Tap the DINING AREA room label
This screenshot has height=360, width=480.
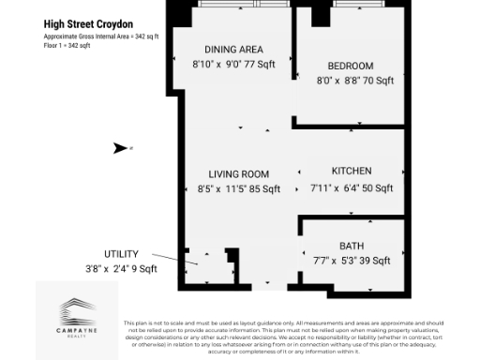[x=233, y=49]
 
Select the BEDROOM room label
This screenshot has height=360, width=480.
[x=351, y=66]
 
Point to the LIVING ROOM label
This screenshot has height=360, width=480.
[x=239, y=173]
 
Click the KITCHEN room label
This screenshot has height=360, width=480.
[x=352, y=171]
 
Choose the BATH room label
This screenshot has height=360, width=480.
[x=352, y=245]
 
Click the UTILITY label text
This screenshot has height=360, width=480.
[x=121, y=254]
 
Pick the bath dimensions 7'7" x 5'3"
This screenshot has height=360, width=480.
[x=323, y=261]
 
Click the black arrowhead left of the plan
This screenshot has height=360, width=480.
[x=119, y=147]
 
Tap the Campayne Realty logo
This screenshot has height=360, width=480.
[x=77, y=314]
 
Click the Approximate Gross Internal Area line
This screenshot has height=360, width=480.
[x=101, y=36]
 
